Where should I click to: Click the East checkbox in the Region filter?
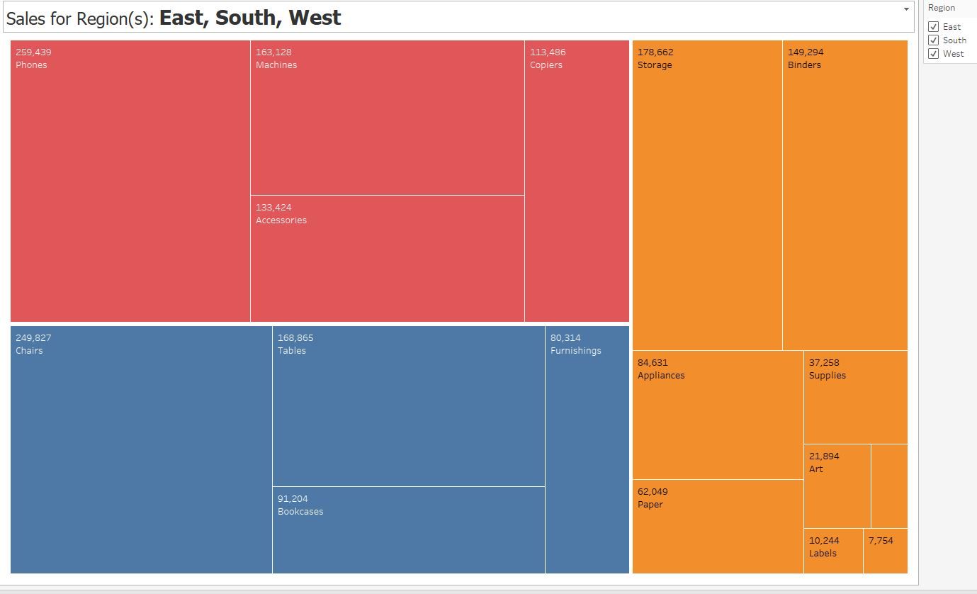(x=933, y=27)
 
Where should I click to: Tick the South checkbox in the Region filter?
(x=933, y=40)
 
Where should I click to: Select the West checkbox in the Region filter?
(x=933, y=54)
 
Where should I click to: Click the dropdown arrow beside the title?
(x=906, y=9)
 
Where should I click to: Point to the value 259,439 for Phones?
(x=33, y=52)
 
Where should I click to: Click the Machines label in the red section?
(x=276, y=65)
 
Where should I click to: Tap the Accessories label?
(x=281, y=220)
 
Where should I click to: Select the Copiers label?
(x=546, y=65)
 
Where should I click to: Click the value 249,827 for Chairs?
(x=33, y=338)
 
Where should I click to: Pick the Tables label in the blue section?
(x=292, y=351)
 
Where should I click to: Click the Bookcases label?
(x=300, y=512)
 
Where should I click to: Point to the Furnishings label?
(x=575, y=351)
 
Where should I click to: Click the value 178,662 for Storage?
(x=655, y=52)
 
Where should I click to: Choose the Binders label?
(x=804, y=65)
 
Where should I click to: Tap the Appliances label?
(x=661, y=376)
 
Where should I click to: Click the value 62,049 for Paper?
(x=653, y=492)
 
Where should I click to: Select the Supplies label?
(x=828, y=376)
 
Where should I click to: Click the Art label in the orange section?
(x=816, y=469)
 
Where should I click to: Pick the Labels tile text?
(x=823, y=554)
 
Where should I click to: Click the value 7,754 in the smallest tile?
(x=881, y=541)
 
